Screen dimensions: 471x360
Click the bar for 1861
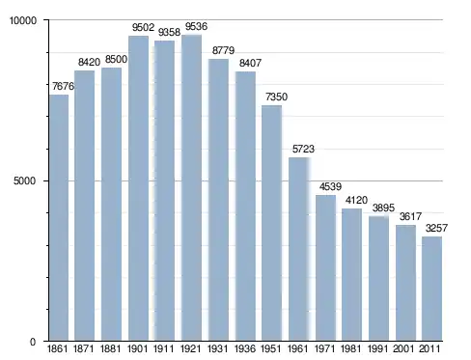tap(59, 218)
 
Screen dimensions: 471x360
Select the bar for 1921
tap(191, 188)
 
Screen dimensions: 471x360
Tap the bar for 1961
tap(299, 249)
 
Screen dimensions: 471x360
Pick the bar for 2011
tap(431, 289)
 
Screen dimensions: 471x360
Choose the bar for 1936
tap(245, 207)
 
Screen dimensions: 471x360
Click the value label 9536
tap(196, 26)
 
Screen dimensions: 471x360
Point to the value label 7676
tap(63, 86)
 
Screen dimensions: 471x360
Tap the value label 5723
tap(303, 149)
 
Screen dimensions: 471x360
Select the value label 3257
tap(436, 228)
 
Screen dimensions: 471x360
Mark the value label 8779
tap(223, 50)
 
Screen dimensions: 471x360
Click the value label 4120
tap(356, 201)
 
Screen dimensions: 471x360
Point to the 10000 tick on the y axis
tap(23, 20)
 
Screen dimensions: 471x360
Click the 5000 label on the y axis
tap(24, 180)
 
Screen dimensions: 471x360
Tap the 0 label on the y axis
tap(33, 342)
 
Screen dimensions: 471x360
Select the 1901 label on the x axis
tap(137, 349)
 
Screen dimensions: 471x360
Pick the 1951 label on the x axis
tap(271, 349)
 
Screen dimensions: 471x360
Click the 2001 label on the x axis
tap(403, 349)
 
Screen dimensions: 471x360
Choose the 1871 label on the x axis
tap(84, 349)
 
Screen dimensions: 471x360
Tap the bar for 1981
tap(351, 275)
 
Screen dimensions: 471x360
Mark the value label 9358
tap(169, 32)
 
